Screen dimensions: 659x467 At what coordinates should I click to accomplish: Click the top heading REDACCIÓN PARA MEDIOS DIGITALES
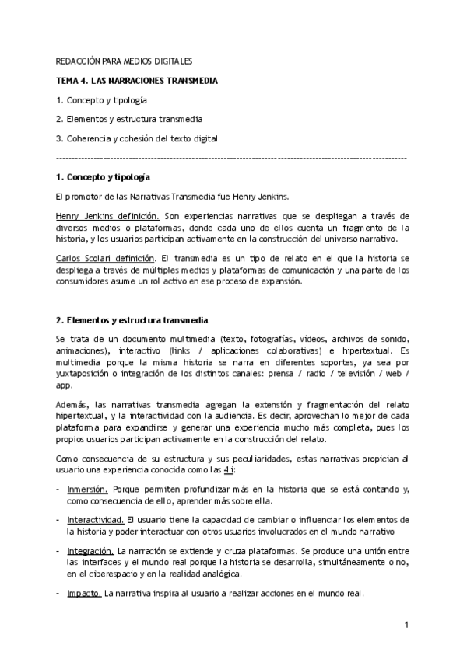pos(124,61)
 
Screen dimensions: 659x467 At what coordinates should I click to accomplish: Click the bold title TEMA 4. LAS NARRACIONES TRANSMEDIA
pos(137,81)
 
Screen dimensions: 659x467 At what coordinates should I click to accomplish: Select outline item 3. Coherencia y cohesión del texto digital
pos(136,139)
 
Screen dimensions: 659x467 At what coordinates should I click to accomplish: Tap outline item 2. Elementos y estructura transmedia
pos(129,120)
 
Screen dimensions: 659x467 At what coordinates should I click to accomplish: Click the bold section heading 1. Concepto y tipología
pos(104,178)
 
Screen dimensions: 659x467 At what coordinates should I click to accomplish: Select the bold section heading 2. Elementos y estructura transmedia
pos(132,320)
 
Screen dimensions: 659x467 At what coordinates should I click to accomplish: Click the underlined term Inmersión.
pos(88,490)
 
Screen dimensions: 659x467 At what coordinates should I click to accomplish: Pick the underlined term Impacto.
pos(84,593)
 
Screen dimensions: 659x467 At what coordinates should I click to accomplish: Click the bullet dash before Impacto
pos(58,593)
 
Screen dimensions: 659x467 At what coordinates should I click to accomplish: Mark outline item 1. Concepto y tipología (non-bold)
pos(101,100)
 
